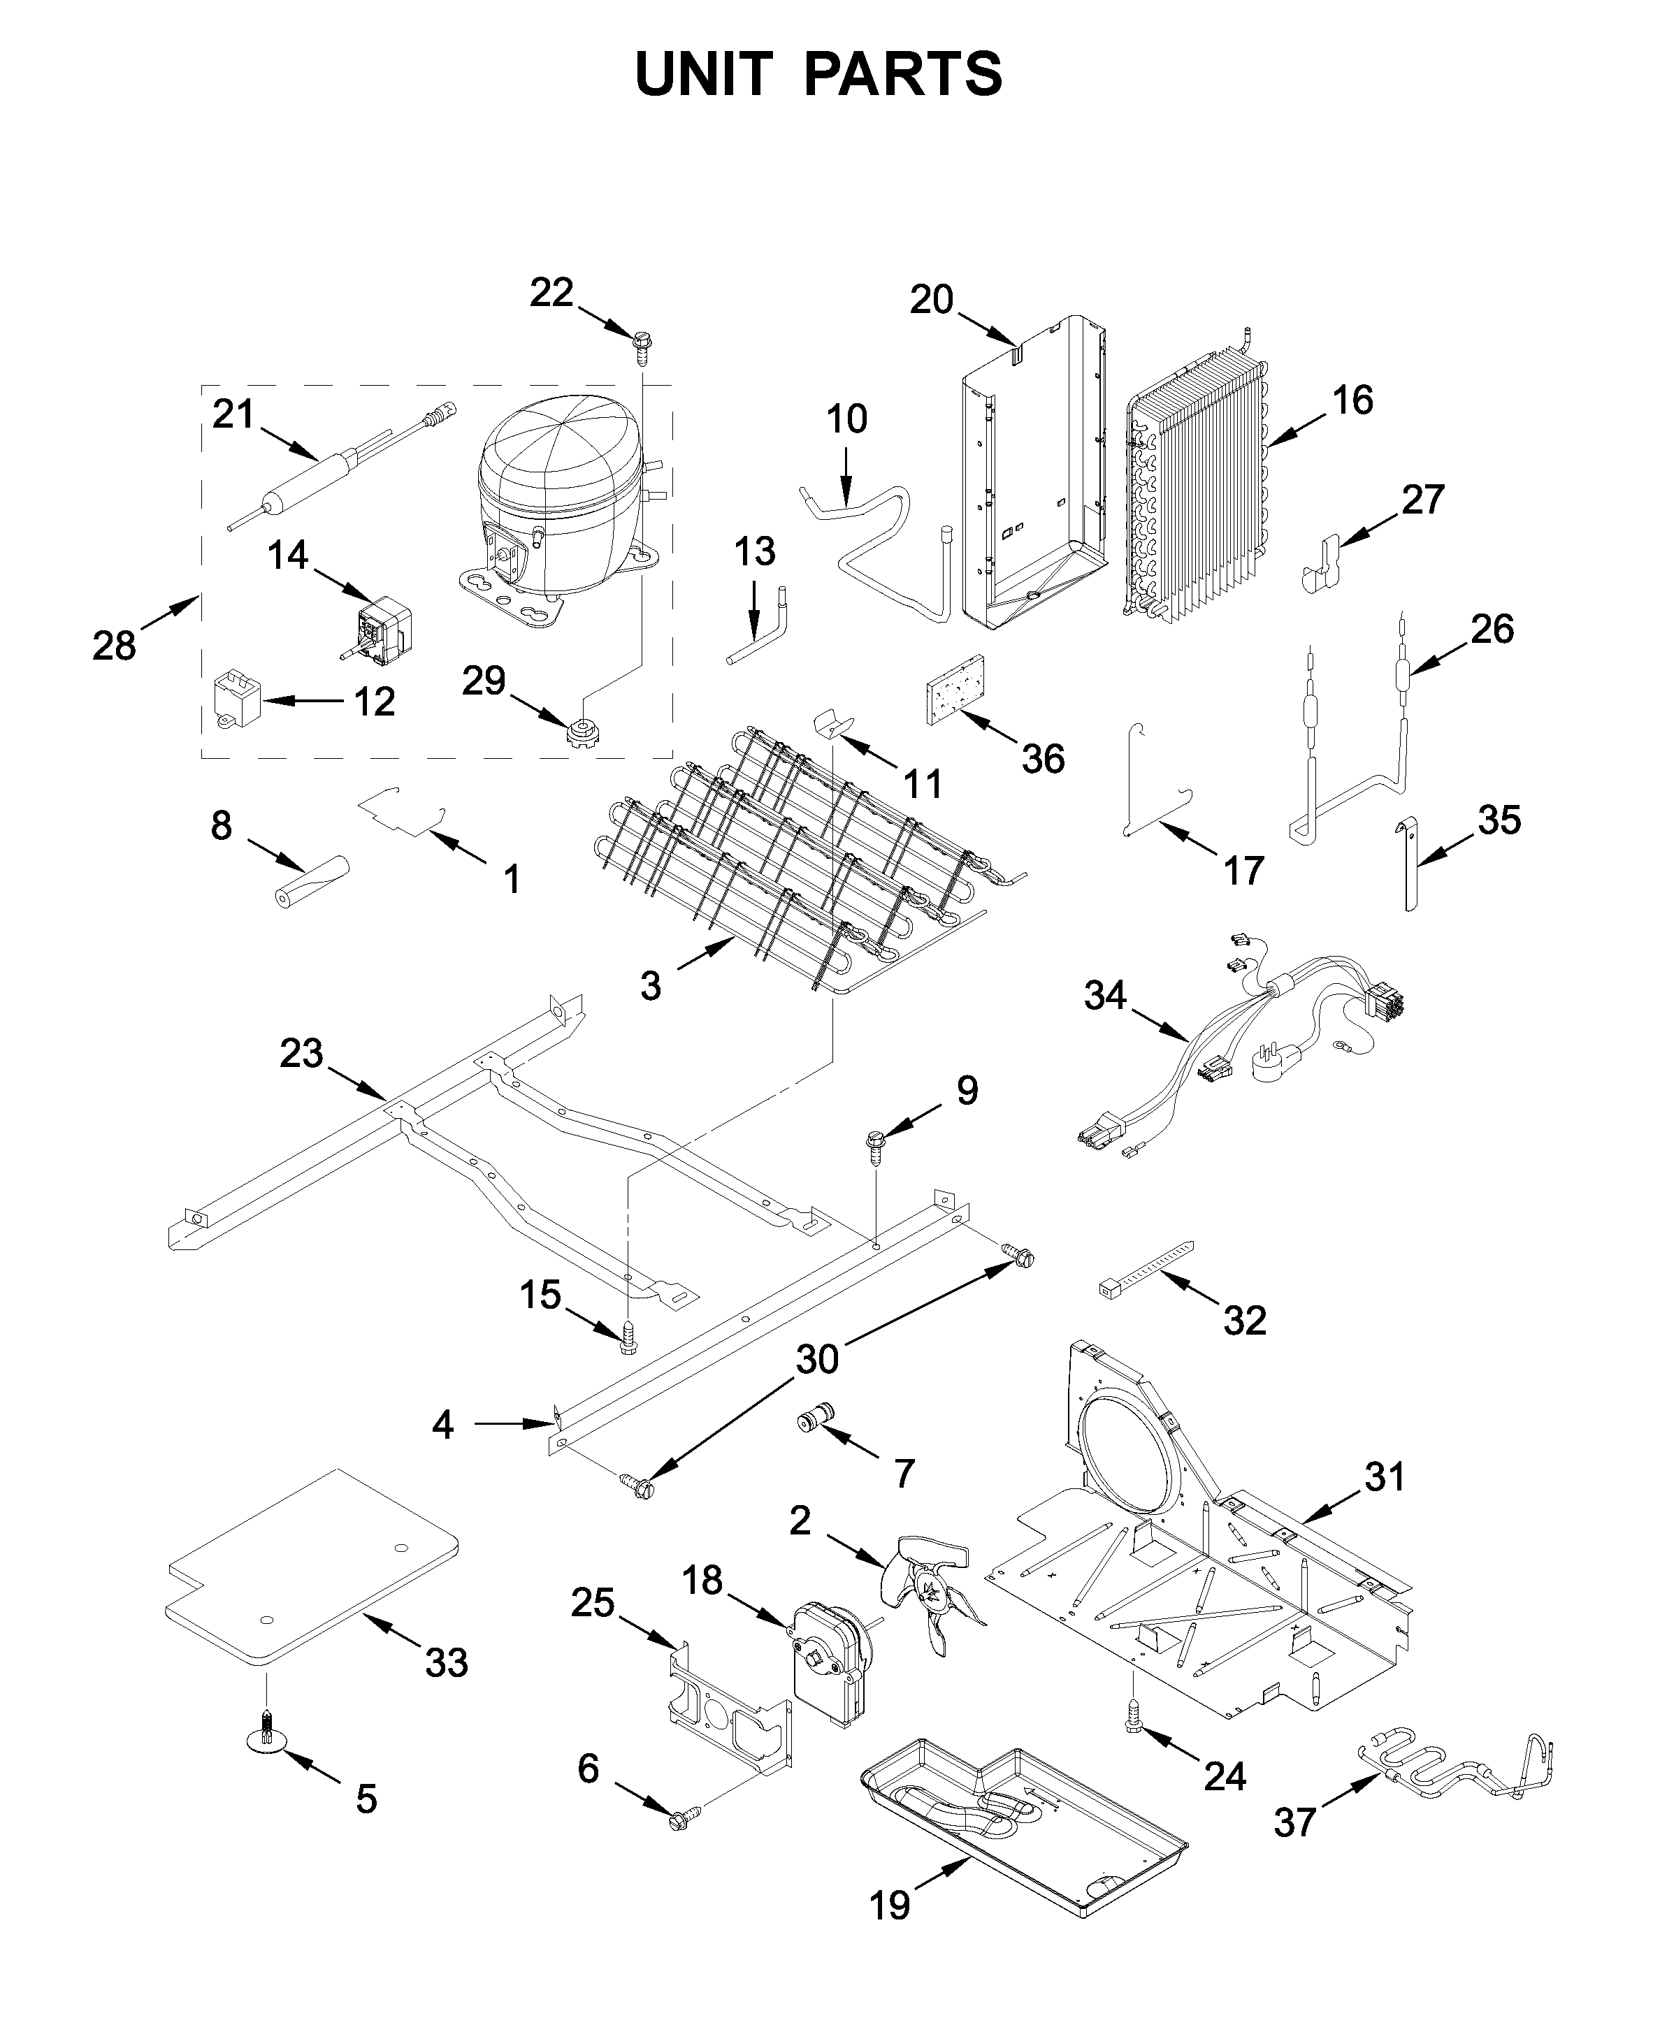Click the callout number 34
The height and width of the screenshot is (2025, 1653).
[x=1104, y=996]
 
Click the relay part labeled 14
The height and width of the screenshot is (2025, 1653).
[x=381, y=623]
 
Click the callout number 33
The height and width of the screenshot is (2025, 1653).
[x=446, y=1662]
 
